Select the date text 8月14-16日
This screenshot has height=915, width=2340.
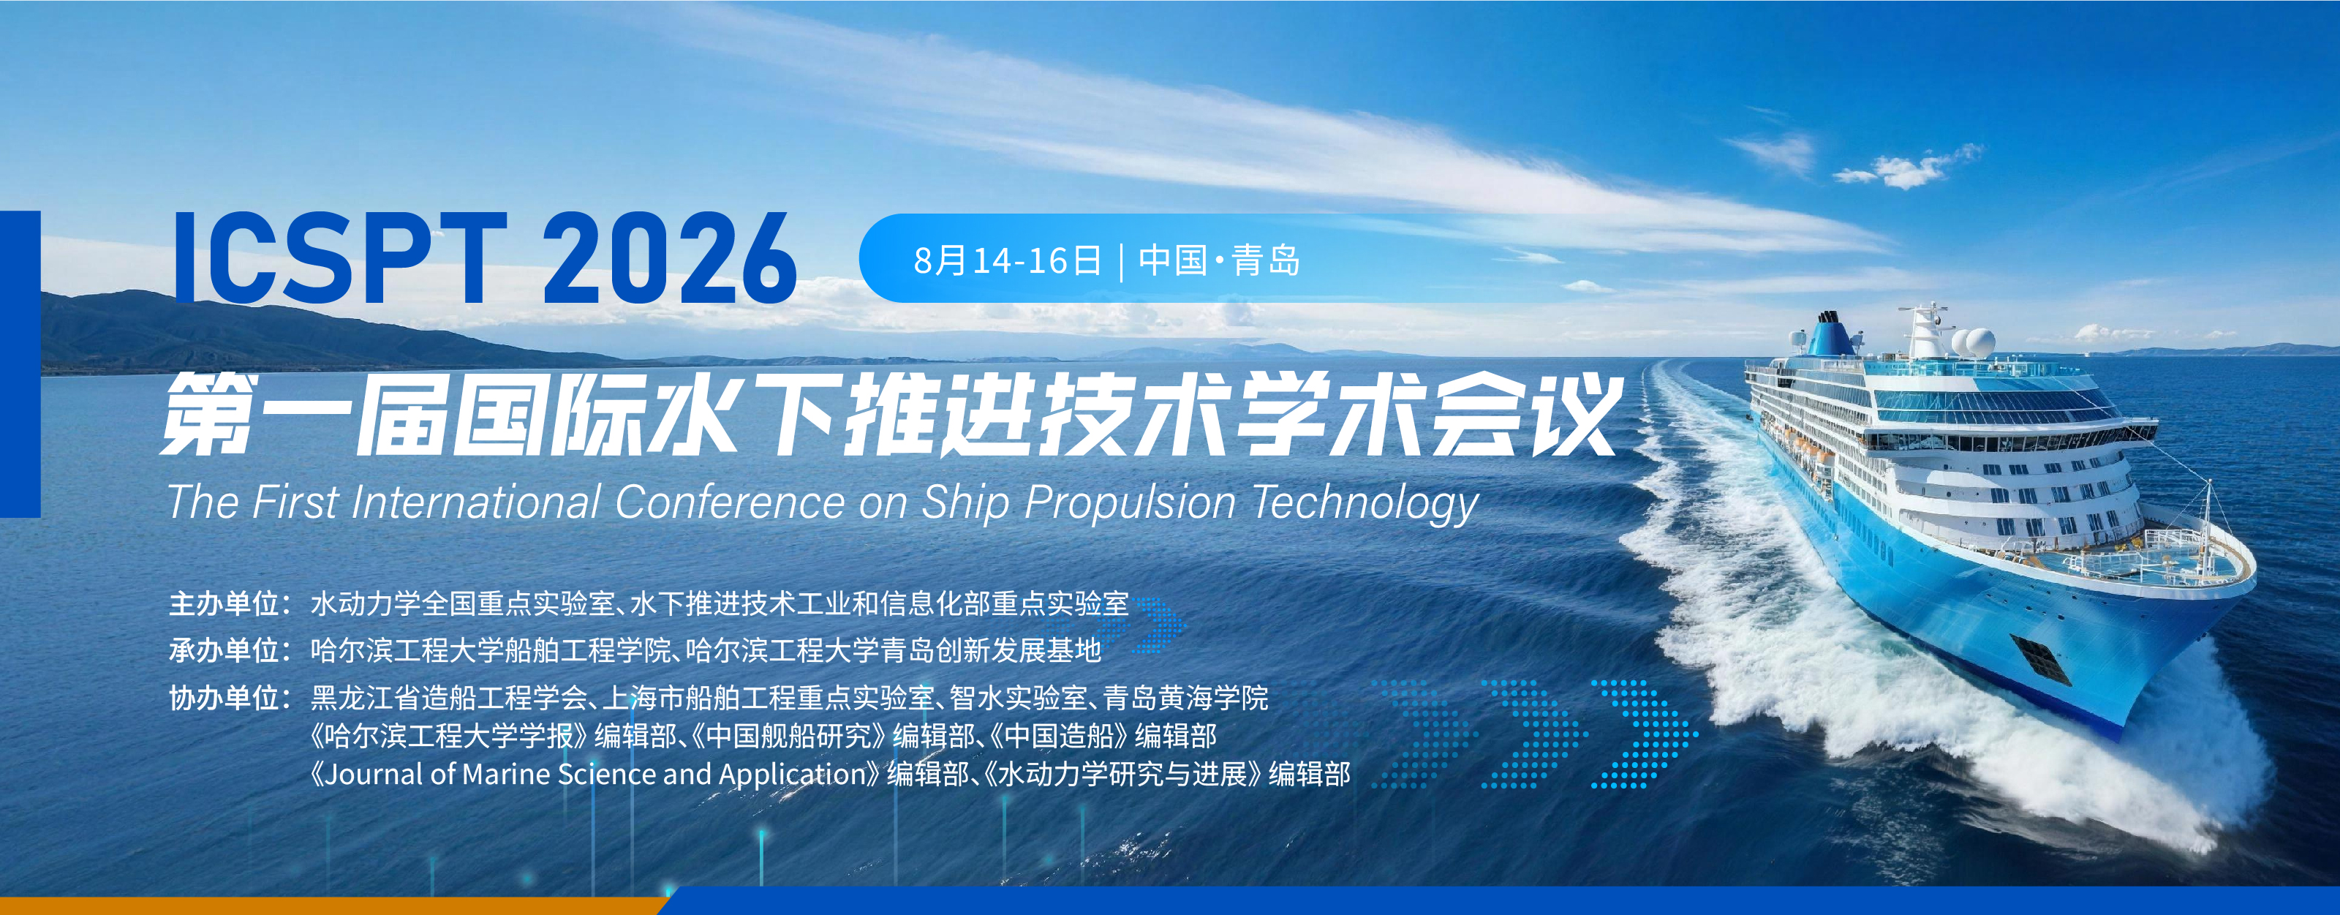(1006, 261)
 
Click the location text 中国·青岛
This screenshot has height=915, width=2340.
(1219, 261)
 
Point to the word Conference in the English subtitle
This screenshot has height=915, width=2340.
(730, 502)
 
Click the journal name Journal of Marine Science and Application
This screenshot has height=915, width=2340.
(596, 774)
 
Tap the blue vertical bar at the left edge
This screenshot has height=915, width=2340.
(20, 364)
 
